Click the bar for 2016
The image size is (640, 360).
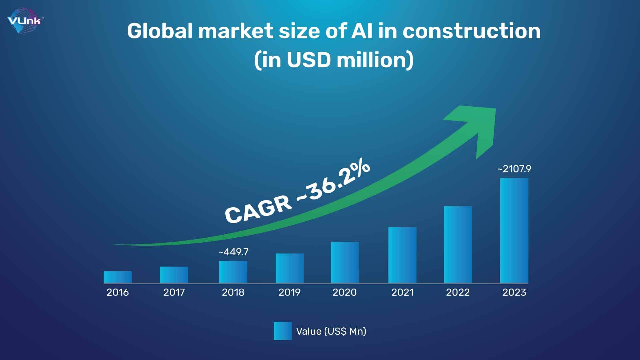(x=118, y=277)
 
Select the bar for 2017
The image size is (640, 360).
(x=174, y=275)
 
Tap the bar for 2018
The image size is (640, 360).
(x=233, y=272)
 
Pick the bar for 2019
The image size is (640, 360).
(x=290, y=268)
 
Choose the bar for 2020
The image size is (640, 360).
(x=345, y=262)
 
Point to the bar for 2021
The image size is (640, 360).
(x=402, y=255)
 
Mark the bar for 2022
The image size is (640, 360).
(x=458, y=245)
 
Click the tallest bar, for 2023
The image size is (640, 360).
(x=514, y=230)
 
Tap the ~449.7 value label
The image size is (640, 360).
(x=233, y=252)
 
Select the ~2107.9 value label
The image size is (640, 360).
(x=514, y=169)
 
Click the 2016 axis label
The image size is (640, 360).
(x=118, y=292)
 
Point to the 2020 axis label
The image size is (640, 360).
(x=345, y=292)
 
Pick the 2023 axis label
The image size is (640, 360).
(x=514, y=292)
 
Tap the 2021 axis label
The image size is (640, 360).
(x=402, y=292)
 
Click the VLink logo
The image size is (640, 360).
(x=25, y=21)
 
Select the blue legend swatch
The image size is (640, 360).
(x=283, y=331)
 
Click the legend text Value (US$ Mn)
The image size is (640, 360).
(x=331, y=331)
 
